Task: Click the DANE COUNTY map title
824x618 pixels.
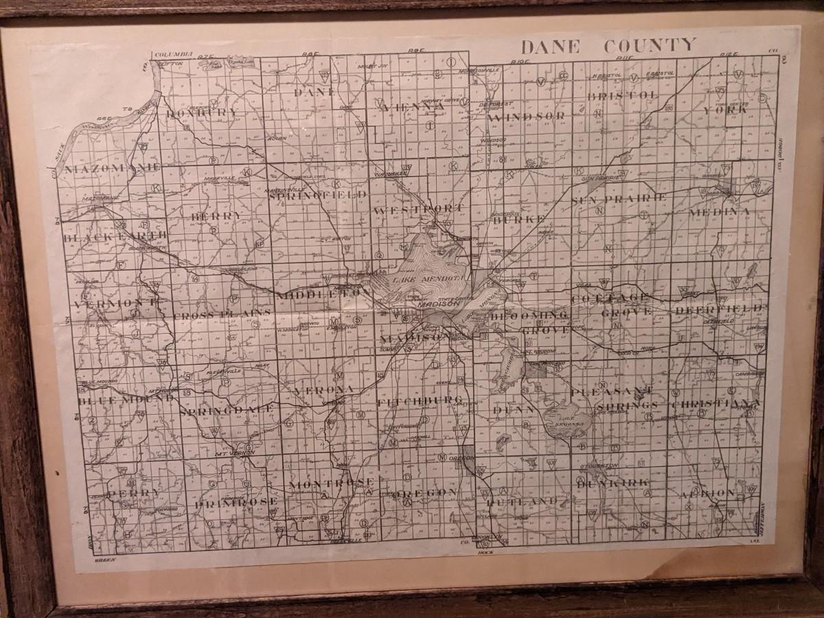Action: [608, 46]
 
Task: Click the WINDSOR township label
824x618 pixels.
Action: [527, 116]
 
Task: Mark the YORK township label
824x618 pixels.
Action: [725, 109]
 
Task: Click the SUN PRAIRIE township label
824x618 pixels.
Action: [618, 198]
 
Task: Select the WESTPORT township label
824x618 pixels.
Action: [419, 208]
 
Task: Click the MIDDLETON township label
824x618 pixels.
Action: [323, 294]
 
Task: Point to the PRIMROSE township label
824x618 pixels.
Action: [236, 502]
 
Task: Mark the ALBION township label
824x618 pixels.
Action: [707, 493]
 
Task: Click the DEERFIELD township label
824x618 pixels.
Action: [720, 309]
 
